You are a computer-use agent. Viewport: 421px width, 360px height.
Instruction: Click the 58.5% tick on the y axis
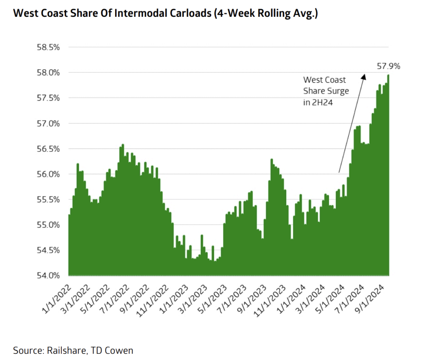(x=49, y=47)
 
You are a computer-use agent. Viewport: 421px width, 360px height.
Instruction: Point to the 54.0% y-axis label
(x=49, y=275)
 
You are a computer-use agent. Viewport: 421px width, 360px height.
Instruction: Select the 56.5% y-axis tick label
(x=49, y=149)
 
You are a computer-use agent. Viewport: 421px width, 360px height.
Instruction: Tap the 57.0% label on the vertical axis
(x=49, y=123)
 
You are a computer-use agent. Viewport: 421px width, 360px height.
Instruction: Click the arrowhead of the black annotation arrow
(x=363, y=76)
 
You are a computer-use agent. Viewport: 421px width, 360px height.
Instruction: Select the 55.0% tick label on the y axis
(x=49, y=225)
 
